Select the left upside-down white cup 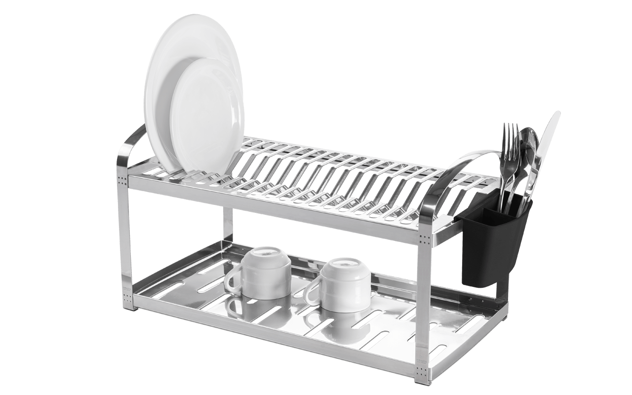(x=267, y=272)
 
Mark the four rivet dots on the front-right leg (x=424, y=240)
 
